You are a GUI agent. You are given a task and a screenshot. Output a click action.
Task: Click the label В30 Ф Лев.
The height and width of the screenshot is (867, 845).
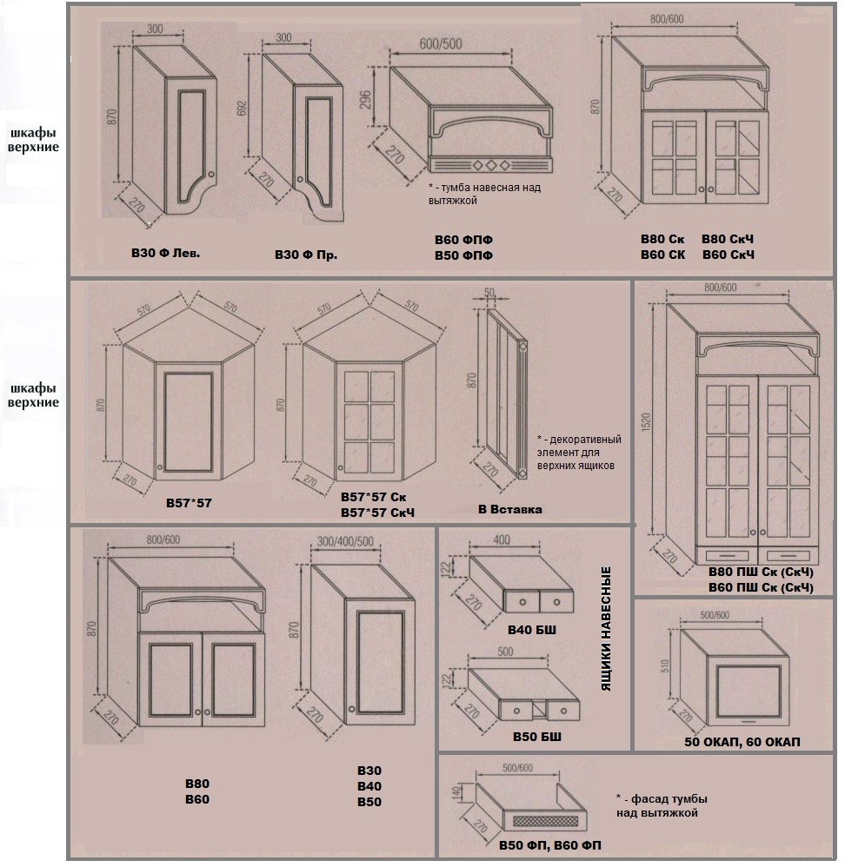[x=164, y=255]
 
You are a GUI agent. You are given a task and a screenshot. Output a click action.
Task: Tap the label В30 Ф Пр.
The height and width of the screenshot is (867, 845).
[x=305, y=255]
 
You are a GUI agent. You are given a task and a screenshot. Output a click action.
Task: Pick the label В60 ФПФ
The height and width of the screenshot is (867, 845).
[x=463, y=239]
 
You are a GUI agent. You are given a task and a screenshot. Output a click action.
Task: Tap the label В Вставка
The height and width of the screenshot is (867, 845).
[x=509, y=509]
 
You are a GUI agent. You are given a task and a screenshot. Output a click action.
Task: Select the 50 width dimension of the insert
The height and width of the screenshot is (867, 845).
[x=489, y=293]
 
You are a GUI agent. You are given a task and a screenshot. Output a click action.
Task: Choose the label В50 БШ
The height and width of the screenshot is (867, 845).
[x=536, y=738]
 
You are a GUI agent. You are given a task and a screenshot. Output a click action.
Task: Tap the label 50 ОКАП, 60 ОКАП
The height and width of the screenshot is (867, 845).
[x=742, y=741]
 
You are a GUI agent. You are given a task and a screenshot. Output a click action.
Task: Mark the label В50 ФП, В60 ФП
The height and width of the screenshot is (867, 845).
[x=551, y=844]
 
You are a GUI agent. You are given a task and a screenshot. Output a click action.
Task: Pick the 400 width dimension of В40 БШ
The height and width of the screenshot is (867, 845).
[x=501, y=540]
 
